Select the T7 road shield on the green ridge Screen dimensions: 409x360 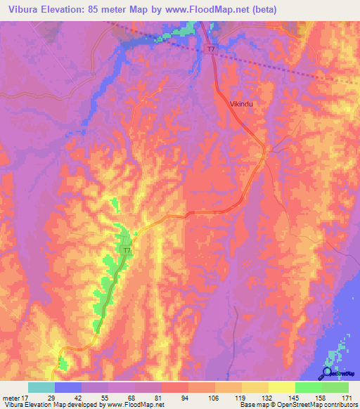tap(127, 251)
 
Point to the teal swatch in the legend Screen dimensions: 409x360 tap(41, 387)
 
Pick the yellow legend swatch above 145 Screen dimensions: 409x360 tap(282, 387)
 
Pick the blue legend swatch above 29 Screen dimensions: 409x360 tap(68, 387)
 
